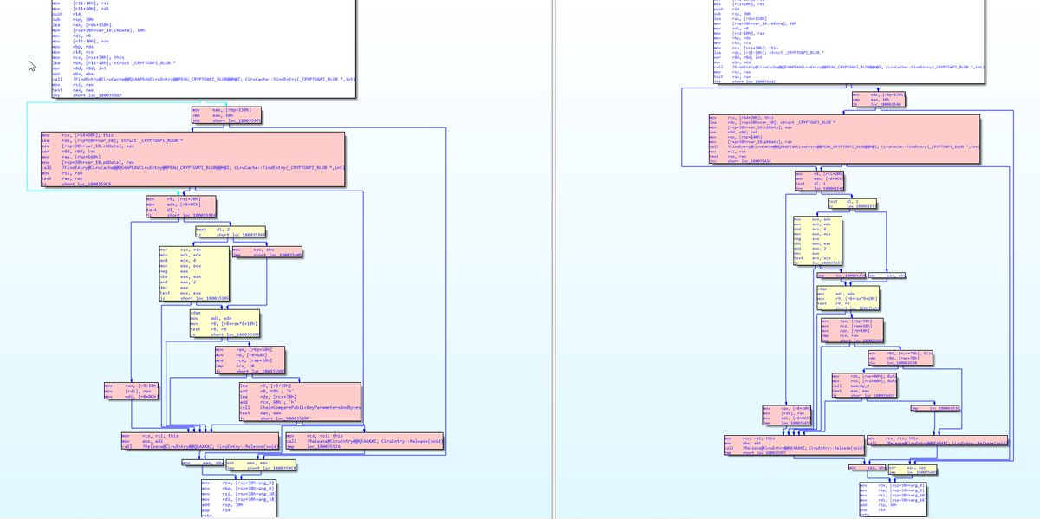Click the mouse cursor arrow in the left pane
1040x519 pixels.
tap(32, 67)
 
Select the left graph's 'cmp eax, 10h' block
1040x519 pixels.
tap(226, 116)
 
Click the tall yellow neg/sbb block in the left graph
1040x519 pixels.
tap(195, 272)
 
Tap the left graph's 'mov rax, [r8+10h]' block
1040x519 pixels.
tap(130, 391)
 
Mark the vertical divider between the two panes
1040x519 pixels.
tap(553, 260)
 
